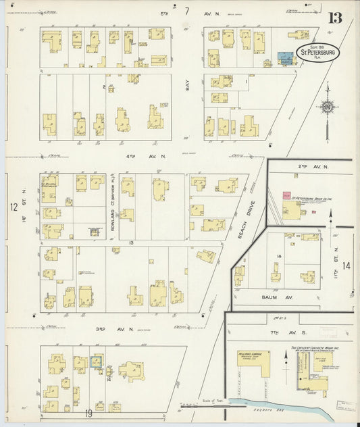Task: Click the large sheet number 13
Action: click(x=335, y=18)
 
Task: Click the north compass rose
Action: click(x=328, y=106)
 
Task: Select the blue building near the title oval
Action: click(x=286, y=58)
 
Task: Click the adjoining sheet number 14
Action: click(x=346, y=266)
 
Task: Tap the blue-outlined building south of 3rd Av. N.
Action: click(x=97, y=361)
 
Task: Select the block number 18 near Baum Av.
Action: click(x=278, y=257)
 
